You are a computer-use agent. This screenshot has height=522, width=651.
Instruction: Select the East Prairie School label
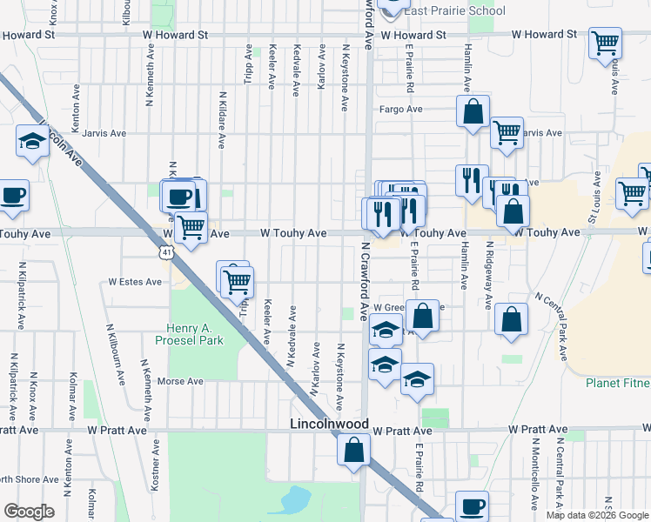click(453, 10)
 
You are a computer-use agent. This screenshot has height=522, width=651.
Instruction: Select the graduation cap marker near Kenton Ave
click(33, 142)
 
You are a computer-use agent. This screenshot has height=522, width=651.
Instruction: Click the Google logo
click(29, 511)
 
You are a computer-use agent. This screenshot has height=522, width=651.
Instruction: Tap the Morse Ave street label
click(180, 381)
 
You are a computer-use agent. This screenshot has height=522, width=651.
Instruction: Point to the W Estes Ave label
click(135, 282)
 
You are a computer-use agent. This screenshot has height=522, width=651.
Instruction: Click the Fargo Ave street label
click(400, 110)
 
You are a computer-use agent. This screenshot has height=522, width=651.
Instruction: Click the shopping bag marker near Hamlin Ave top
click(473, 112)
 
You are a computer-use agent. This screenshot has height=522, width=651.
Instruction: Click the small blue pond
click(295, 499)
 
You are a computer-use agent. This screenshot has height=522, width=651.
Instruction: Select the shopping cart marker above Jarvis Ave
click(507, 133)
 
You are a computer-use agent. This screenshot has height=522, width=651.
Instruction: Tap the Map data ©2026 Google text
click(597, 515)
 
